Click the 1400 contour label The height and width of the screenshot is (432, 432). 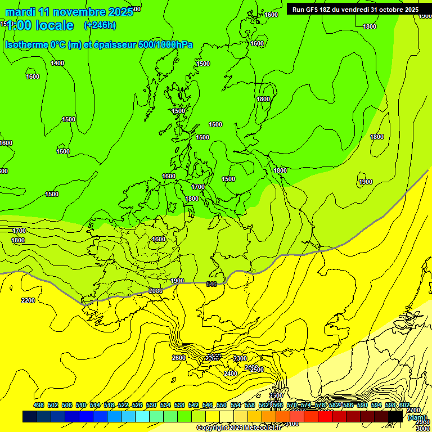[x=57, y=63]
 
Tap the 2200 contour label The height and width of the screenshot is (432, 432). [x=28, y=300]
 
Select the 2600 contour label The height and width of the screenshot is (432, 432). [x=179, y=358]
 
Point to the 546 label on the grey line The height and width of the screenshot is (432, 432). [x=211, y=284]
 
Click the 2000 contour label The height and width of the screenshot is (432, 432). [x=155, y=291]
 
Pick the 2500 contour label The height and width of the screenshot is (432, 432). [x=257, y=370]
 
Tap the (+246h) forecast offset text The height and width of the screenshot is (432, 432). [x=100, y=25]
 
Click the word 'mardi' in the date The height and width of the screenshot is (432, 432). [x=20, y=12]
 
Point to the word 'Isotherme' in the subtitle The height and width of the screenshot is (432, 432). [x=26, y=44]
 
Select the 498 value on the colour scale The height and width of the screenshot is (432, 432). [x=39, y=406]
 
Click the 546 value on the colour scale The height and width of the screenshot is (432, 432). [x=207, y=406]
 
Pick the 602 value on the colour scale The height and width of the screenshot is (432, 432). [x=404, y=406]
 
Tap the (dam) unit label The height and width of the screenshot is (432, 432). [x=417, y=417]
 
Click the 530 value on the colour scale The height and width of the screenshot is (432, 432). [x=151, y=406]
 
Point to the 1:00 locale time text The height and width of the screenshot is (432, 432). [x=40, y=25]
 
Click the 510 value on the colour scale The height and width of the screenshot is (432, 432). [x=81, y=406]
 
